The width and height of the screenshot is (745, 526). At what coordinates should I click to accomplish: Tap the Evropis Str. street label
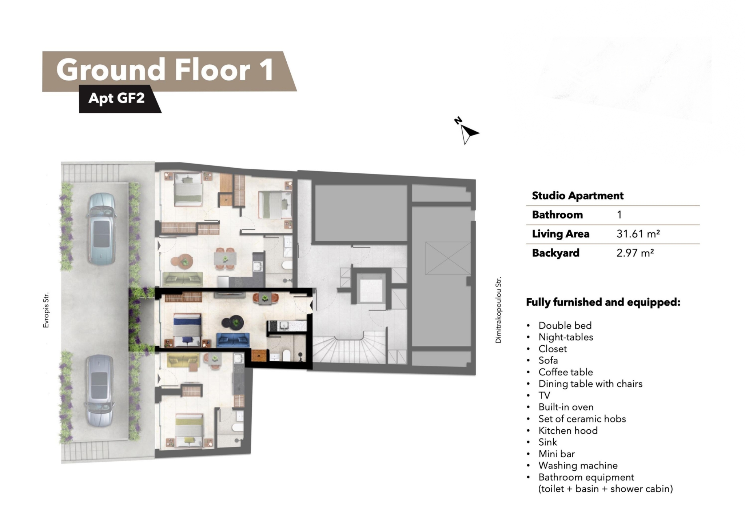45,310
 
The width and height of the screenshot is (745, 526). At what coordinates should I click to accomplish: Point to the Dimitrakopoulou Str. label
498,310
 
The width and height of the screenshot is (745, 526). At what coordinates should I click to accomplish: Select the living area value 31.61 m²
638,234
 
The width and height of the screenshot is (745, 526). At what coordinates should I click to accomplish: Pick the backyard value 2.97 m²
635,253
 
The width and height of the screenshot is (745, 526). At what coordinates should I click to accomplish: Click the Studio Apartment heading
578,196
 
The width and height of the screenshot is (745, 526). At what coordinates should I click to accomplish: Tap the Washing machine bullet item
578,465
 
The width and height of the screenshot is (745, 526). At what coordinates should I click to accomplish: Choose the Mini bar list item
557,454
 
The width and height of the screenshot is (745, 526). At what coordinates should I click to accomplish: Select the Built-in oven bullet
566,407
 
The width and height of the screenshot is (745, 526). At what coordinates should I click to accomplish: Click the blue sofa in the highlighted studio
233,340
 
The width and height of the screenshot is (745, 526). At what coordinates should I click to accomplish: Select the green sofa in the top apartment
183,279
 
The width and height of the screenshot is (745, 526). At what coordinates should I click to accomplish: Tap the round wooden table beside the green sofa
183,261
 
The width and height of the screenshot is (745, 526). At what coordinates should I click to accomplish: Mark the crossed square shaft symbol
448,258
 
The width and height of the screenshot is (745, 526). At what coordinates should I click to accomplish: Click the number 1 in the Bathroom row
619,214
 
